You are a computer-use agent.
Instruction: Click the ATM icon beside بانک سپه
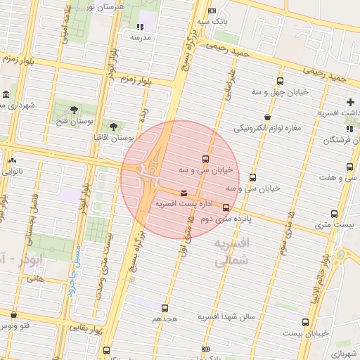pyautogui.click(x=212, y=11)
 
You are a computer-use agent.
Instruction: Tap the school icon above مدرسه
pyautogui.click(x=139, y=27)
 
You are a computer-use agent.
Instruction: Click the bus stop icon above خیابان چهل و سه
pyautogui.click(x=281, y=82)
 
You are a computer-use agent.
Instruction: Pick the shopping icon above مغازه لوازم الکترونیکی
pyautogui.click(x=267, y=117)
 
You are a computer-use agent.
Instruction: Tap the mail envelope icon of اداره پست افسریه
pyautogui.click(x=184, y=193)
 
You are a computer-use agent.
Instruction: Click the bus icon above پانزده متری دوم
pyautogui.click(x=226, y=207)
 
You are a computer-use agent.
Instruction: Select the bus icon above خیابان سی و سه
pyautogui.click(x=205, y=159)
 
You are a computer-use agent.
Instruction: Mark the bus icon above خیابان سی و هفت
pyautogui.click(x=349, y=167)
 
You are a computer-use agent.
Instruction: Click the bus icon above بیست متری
pyautogui.click(x=334, y=214)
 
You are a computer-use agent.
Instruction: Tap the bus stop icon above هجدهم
pyautogui.click(x=165, y=308)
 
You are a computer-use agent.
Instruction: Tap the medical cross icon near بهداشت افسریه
pyautogui.click(x=349, y=103)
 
